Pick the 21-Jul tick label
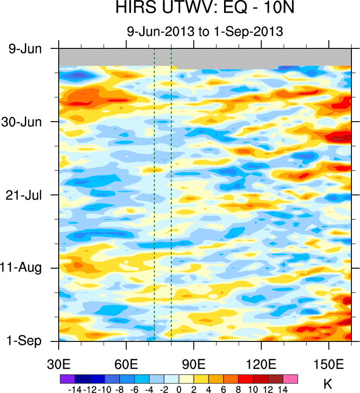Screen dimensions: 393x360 tap(25, 195)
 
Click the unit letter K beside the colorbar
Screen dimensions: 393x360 tap(328, 384)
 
